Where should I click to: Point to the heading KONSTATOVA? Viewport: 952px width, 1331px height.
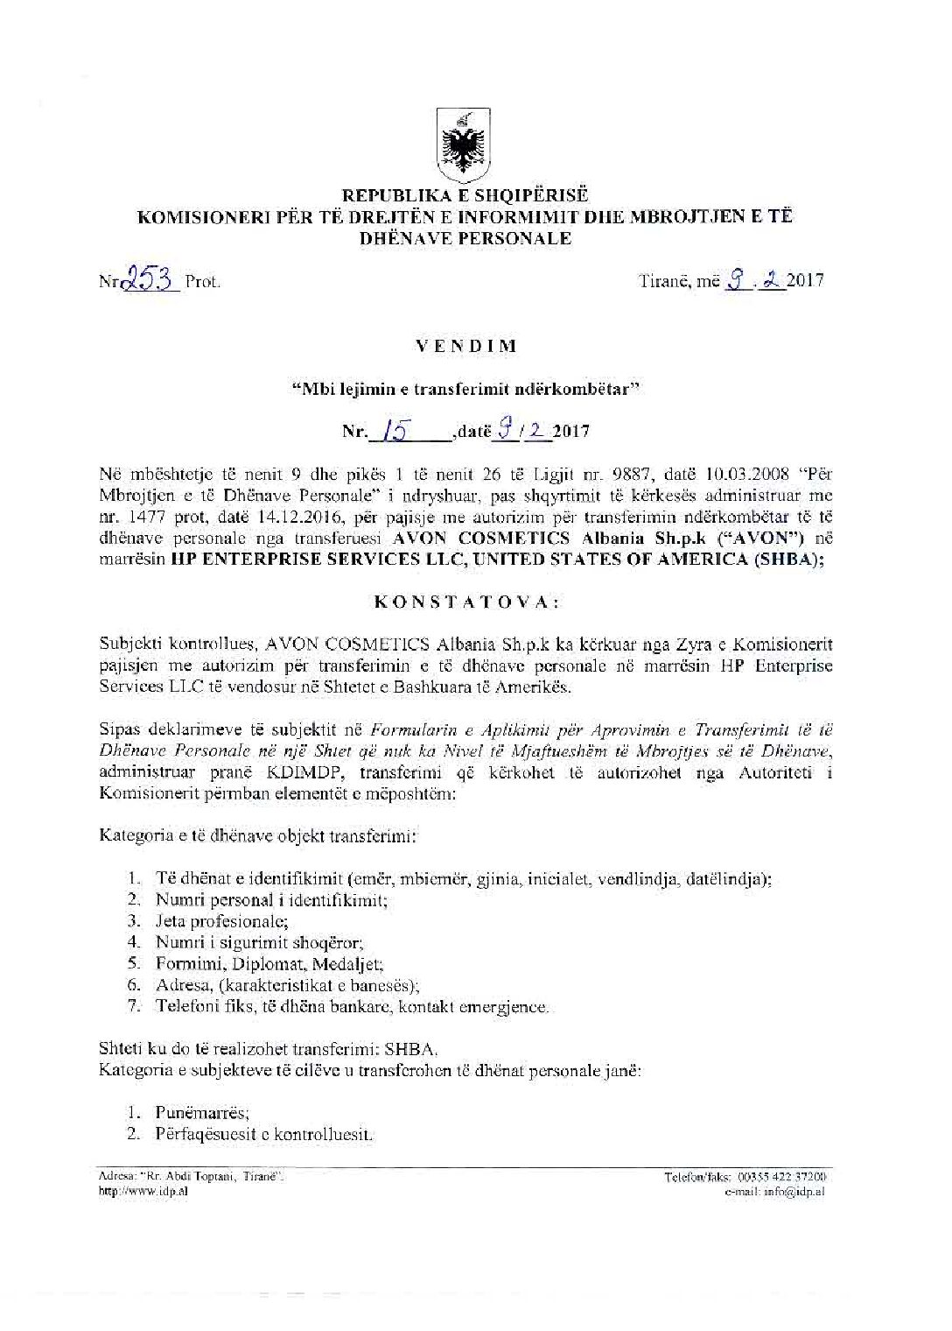(464, 602)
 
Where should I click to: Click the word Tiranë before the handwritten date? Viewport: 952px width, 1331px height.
(666, 281)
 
